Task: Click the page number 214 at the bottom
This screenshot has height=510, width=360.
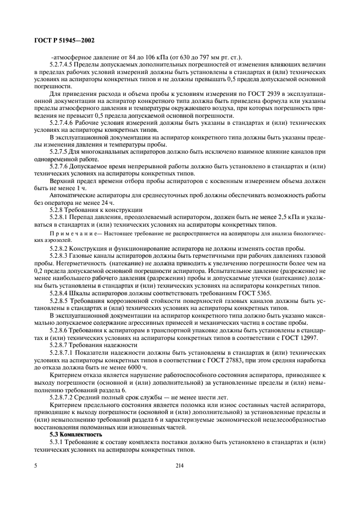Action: point(180,466)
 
